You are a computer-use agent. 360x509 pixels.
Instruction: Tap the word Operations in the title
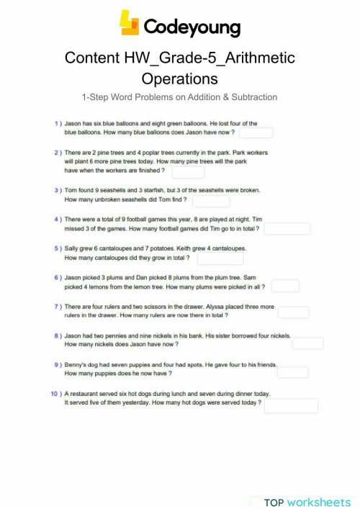click(179, 78)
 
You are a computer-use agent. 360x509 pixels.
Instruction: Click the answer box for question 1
click(256, 132)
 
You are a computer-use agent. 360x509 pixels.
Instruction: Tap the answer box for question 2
click(188, 171)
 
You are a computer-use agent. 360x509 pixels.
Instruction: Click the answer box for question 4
click(288, 228)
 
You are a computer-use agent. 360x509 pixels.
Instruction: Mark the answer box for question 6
click(285, 287)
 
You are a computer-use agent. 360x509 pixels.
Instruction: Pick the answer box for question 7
click(293, 312)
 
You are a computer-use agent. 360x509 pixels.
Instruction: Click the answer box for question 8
click(307, 343)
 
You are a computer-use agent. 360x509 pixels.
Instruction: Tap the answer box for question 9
click(292, 372)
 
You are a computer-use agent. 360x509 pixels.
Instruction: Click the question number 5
click(57, 248)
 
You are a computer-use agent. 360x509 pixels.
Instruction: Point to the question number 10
click(55, 394)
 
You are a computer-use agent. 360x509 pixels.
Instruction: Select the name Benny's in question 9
click(76, 365)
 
